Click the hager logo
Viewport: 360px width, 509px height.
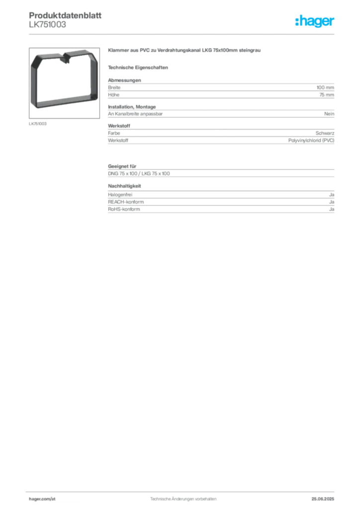pyautogui.click(x=315, y=21)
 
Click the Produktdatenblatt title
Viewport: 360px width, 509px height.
pyautogui.click(x=65, y=15)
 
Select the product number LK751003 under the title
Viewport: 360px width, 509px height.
pyautogui.click(x=47, y=25)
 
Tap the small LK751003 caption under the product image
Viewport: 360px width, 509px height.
pyautogui.click(x=38, y=124)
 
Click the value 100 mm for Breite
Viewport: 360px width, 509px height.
pyautogui.click(x=325, y=87)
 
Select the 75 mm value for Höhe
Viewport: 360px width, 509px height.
pyautogui.click(x=327, y=95)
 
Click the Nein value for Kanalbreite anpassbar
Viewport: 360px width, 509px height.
pyautogui.click(x=329, y=114)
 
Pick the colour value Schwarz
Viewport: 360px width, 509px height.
pyautogui.click(x=325, y=133)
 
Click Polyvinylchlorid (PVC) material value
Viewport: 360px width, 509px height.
pyautogui.click(x=311, y=140)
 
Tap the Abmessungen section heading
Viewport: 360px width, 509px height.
pyautogui.click(x=124, y=80)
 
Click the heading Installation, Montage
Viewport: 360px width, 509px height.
pyautogui.click(x=132, y=107)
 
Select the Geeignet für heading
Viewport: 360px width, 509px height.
pyautogui.click(x=122, y=166)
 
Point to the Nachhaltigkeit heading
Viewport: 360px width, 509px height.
pyautogui.click(x=124, y=186)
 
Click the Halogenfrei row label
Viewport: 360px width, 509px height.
pyautogui.click(x=120, y=195)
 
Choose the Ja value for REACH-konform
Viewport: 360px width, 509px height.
pyautogui.click(x=332, y=202)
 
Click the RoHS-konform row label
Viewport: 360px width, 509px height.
pyautogui.click(x=124, y=209)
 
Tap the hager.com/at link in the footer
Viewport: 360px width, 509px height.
pyautogui.click(x=42, y=499)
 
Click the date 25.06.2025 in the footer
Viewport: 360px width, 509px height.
pyautogui.click(x=323, y=499)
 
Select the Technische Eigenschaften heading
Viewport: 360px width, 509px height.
pyautogui.click(x=138, y=68)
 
